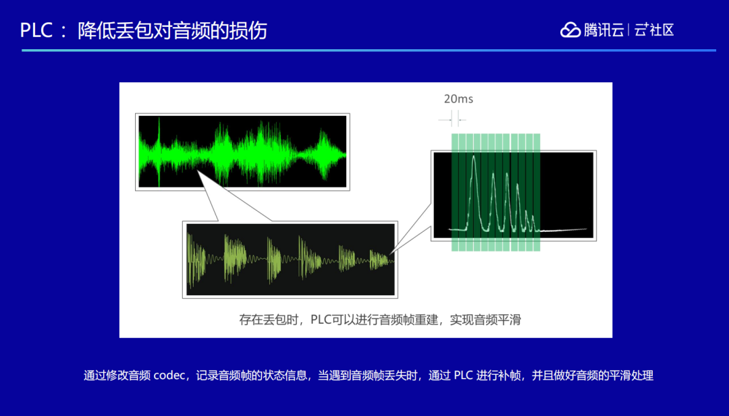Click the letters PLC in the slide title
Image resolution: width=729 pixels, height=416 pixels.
[x=36, y=30]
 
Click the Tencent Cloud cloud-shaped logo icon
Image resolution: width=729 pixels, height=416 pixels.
[x=570, y=30]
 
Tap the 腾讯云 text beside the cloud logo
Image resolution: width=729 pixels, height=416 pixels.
[x=604, y=30]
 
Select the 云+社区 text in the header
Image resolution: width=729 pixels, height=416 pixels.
[x=654, y=30]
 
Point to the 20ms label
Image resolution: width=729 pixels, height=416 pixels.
[x=458, y=99]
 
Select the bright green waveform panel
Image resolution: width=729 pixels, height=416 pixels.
[x=242, y=152]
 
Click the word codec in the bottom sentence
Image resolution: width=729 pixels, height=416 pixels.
[x=169, y=375]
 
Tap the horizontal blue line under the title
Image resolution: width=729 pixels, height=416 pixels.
[x=369, y=50]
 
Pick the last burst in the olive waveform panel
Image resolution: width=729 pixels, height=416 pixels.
[x=379, y=260]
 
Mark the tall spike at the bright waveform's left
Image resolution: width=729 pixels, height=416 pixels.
[x=159, y=152]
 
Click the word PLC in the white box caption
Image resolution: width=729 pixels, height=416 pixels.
[x=321, y=320]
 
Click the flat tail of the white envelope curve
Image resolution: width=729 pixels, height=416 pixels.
[x=562, y=229]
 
